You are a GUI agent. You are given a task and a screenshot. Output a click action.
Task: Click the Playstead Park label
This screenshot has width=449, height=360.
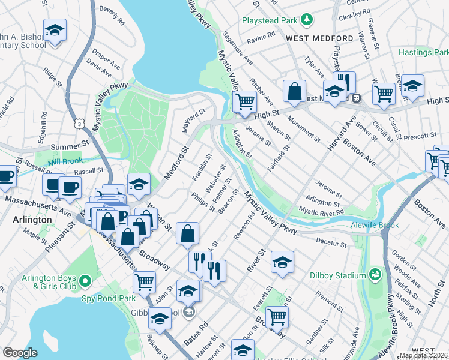click(270, 20)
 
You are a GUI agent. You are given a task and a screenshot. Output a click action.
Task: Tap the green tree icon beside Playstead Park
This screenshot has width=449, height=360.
click(307, 20)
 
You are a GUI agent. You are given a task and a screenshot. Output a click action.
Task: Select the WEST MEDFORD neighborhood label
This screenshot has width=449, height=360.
click(319, 38)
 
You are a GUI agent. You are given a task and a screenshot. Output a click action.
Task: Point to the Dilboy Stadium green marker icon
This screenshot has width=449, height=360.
click(376, 275)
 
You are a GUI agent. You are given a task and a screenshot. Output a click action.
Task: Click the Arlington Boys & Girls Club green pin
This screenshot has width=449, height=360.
click(85, 281)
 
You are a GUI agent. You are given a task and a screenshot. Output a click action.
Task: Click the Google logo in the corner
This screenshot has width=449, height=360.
click(20, 353)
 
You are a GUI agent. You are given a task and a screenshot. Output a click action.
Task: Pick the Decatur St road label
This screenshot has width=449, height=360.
click(331, 242)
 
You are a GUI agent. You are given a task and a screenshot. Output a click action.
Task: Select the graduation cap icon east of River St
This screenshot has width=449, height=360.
click(282, 262)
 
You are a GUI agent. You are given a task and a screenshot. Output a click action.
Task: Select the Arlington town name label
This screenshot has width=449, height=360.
click(32, 220)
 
